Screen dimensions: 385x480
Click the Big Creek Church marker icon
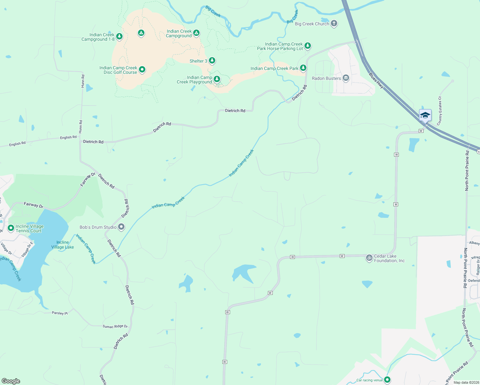tap(334, 23)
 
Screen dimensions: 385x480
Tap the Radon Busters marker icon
tap(346, 78)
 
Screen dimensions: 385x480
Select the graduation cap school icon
tap(425, 115)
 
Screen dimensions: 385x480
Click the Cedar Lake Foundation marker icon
tap(369, 257)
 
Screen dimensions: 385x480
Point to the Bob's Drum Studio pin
tap(121, 227)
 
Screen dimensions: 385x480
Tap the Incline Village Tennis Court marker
tap(11, 228)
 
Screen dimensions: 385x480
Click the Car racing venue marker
tap(387, 380)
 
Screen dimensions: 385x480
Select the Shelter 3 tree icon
tap(212, 60)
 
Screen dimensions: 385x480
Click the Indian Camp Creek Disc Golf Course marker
tap(142, 69)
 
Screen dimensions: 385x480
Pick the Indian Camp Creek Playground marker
tap(217, 79)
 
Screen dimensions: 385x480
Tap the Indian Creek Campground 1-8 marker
tap(119, 36)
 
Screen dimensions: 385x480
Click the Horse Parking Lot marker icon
tap(308, 46)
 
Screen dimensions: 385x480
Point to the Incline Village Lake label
tap(63, 245)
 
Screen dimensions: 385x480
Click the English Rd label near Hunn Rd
tap(68, 137)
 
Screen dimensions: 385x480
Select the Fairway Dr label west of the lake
tap(33, 205)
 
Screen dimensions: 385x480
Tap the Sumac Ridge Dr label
tap(115, 326)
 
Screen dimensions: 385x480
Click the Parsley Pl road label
tap(60, 313)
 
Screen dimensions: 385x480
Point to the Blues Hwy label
tap(376, 81)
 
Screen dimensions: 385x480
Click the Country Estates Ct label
tap(440, 111)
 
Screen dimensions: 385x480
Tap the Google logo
tap(11, 381)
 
